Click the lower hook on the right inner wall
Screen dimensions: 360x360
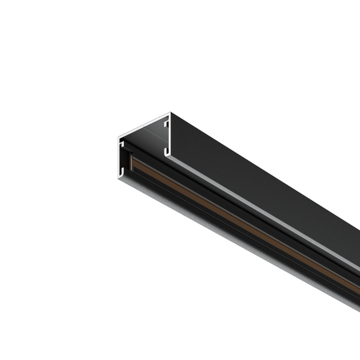[x=166, y=151]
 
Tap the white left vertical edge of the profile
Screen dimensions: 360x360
[x=117, y=154]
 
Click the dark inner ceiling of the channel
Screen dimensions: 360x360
[x=147, y=139]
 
